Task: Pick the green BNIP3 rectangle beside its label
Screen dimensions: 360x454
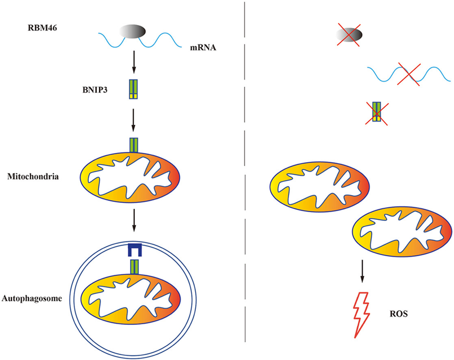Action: tap(134, 89)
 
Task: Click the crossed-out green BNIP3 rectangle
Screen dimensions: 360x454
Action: tap(377, 112)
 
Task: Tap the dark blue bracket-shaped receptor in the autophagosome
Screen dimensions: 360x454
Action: tap(133, 249)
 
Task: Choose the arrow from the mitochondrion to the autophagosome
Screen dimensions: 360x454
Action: tap(134, 221)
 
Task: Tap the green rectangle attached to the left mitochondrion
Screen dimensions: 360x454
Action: tap(134, 145)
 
